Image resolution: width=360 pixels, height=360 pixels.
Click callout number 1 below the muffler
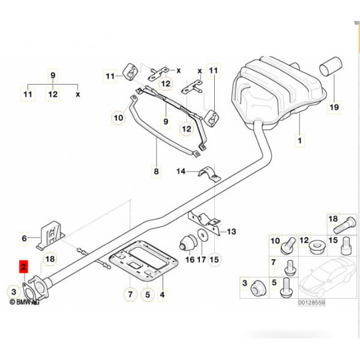pos(299,142)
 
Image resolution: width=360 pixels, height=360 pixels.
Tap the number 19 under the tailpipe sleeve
pos(334,108)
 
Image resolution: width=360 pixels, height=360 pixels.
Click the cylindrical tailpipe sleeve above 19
pos(331,67)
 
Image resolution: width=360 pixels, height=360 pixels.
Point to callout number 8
pos(157,172)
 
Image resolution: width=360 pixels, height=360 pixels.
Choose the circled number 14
pos(181,173)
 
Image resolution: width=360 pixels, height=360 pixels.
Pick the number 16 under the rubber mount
pos(189,260)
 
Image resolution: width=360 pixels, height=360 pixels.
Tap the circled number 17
pos(202,260)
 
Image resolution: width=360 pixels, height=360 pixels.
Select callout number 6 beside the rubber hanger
pos(25,239)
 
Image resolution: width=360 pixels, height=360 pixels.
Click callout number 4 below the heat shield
pos(161,295)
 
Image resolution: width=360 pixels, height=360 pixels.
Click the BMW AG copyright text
pos(24,304)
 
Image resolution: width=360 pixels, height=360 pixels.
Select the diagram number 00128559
pos(311,304)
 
